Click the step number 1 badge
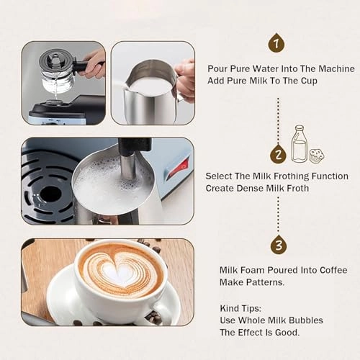point(276,43)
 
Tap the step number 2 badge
point(279,154)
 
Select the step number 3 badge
point(279,245)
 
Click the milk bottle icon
point(299,144)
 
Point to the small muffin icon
point(317,155)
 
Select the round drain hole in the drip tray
point(50,194)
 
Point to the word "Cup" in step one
point(307,81)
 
